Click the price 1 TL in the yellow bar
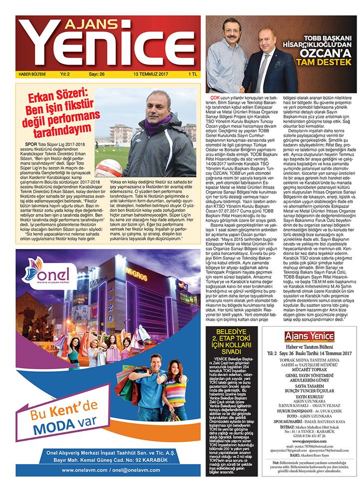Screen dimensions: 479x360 coord(192,74)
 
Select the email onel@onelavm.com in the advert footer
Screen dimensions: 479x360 coord(137,470)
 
